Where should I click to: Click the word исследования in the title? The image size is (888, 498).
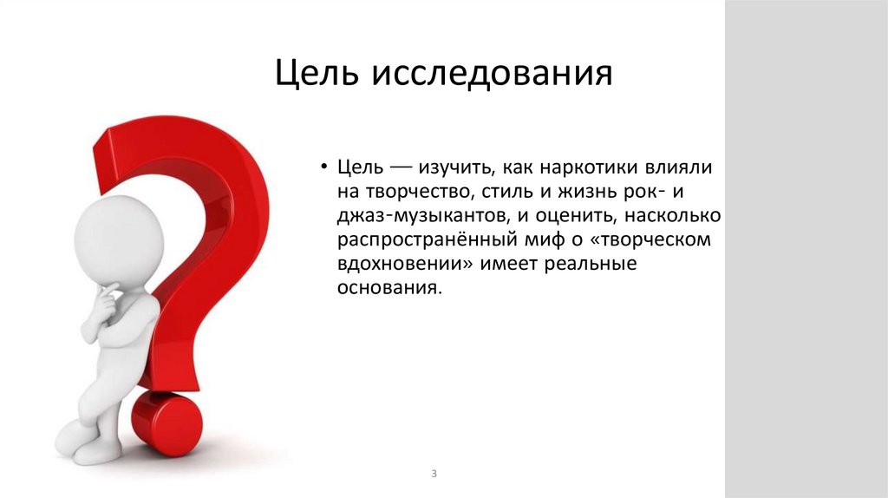[x=493, y=75]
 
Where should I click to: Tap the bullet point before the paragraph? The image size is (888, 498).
[x=323, y=167]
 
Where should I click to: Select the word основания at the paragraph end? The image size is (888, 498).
[x=389, y=288]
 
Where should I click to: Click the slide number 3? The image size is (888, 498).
[x=433, y=474]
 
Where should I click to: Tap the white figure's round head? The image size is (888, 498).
[x=119, y=239]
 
